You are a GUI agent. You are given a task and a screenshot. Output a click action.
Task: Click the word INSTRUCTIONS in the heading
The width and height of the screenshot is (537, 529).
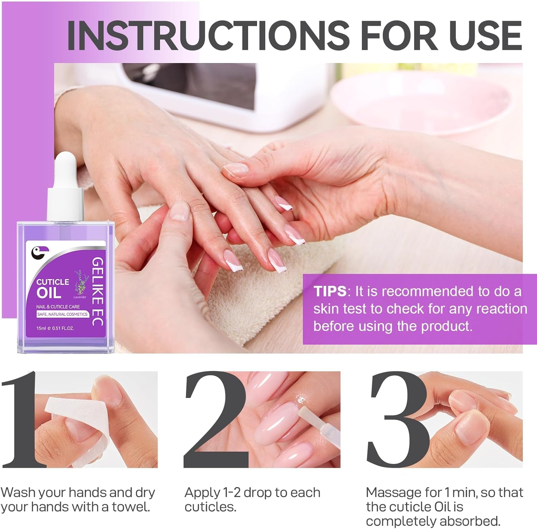coord(208,35)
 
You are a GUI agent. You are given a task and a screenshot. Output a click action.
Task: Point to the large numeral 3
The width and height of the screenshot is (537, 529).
coord(397,419)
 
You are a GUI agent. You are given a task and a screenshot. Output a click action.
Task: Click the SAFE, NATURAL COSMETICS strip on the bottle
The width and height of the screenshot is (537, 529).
coord(62,314)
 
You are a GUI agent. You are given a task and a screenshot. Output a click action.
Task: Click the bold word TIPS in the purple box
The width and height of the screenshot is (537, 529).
coord(329,291)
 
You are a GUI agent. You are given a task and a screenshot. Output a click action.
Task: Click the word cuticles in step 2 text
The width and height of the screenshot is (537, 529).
coord(210,507)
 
